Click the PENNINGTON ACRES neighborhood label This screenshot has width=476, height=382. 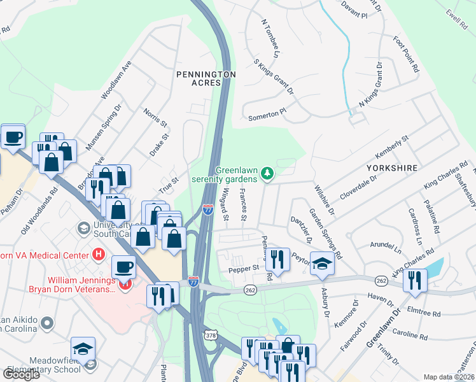click(206, 80)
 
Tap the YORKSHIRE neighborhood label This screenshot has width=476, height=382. click(391, 167)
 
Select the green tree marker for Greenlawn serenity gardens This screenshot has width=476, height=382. click(269, 173)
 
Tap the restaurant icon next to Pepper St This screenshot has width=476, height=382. click(277, 259)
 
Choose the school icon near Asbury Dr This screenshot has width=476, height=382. click(323, 264)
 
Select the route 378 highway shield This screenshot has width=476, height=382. click(211, 334)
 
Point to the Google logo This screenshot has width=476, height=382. click(21, 374)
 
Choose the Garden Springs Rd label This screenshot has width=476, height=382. click(326, 233)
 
